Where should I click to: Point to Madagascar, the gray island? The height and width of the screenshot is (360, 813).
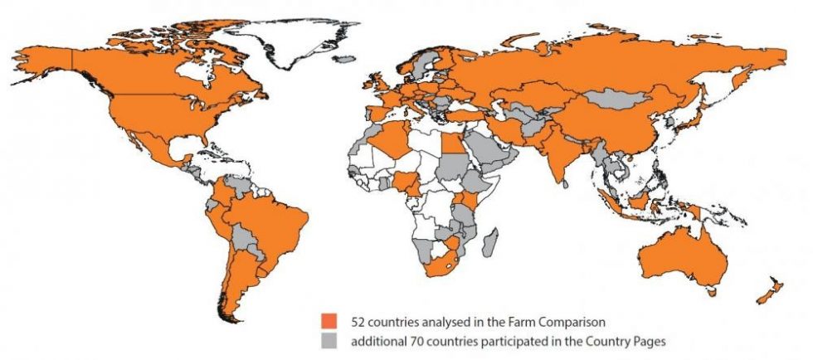point(489,245)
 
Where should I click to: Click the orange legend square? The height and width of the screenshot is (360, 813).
point(329,319)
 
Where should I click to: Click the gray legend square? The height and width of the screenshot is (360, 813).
point(329,340)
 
